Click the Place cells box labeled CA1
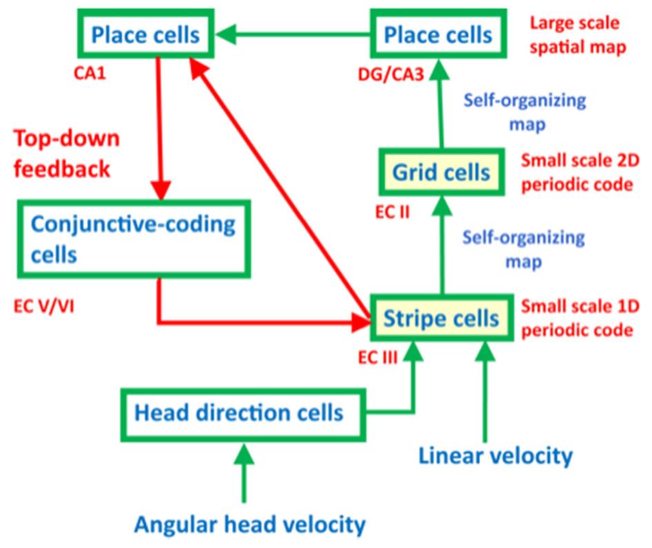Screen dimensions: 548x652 coord(147,34)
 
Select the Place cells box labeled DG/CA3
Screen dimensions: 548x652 coord(439,34)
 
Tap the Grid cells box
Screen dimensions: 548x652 coord(441,172)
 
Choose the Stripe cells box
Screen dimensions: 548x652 coord(441,318)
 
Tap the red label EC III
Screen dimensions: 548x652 coord(379,358)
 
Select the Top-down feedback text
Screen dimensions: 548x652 coord(67,153)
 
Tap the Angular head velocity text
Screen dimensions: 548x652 coord(249,525)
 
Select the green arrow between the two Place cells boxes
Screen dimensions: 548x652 coord(290,32)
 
